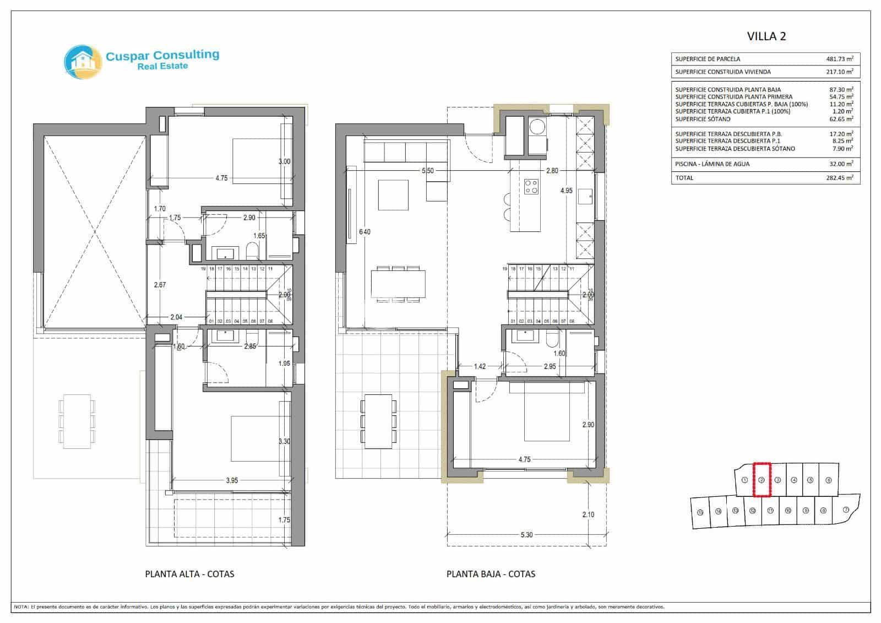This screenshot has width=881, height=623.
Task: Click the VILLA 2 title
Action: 766,36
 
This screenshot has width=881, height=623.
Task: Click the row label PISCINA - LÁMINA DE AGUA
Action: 712,164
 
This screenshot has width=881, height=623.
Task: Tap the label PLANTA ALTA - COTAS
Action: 189,574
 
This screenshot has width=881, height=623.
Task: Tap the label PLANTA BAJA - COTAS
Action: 491,574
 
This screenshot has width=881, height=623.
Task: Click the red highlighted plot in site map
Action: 761,480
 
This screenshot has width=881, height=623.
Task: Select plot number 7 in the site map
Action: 845,510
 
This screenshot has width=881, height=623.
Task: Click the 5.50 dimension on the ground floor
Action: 427,171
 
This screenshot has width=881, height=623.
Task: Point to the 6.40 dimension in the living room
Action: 364,232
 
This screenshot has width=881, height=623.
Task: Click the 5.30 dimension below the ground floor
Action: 526,534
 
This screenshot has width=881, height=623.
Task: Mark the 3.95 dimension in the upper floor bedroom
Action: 232,480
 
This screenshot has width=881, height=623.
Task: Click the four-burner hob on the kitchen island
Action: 531,186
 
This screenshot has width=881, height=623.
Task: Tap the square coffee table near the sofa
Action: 393,194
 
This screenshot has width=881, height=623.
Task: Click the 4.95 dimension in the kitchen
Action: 566,191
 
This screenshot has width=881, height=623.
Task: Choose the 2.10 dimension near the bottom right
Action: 588,514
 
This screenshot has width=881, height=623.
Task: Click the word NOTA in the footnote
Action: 21,607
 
